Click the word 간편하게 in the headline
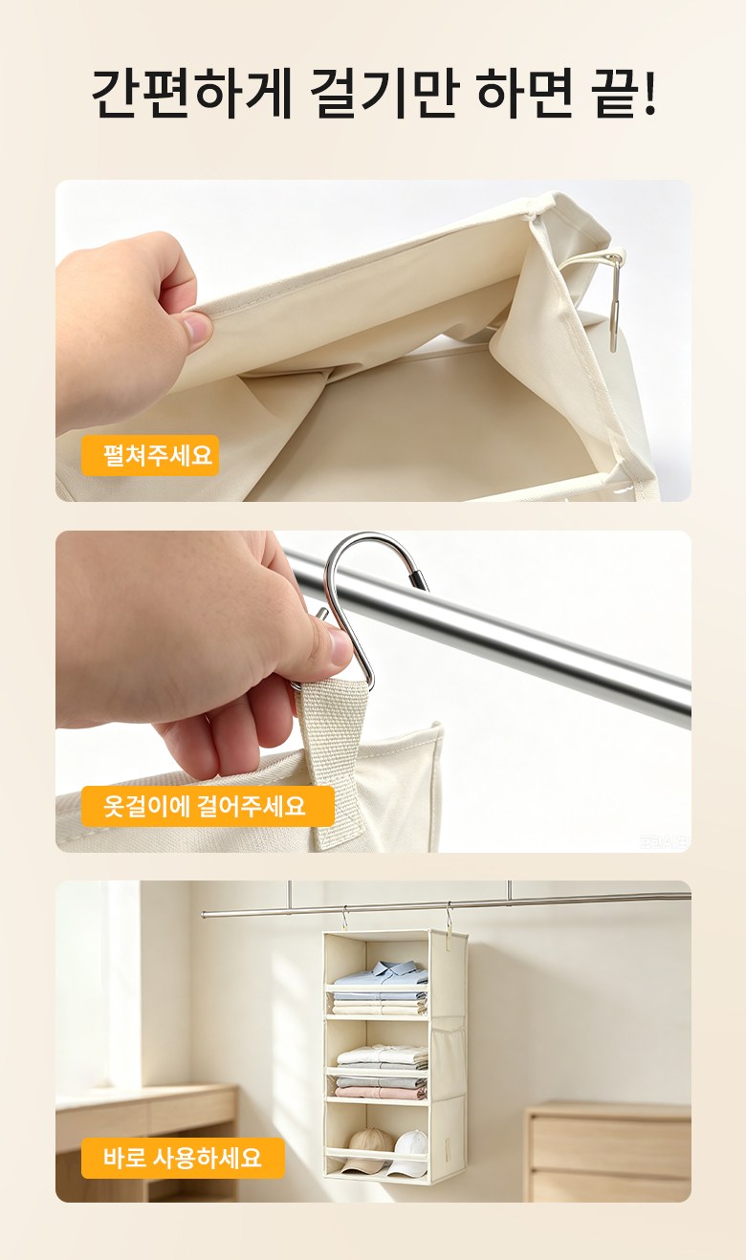[191, 94]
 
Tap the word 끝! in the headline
[625, 94]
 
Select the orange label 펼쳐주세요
[150, 455]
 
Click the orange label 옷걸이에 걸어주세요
[208, 806]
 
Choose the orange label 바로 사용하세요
[183, 1159]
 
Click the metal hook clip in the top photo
[616, 301]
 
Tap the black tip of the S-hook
[419, 578]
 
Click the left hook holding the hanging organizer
[343, 918]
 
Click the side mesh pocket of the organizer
[448, 1058]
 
